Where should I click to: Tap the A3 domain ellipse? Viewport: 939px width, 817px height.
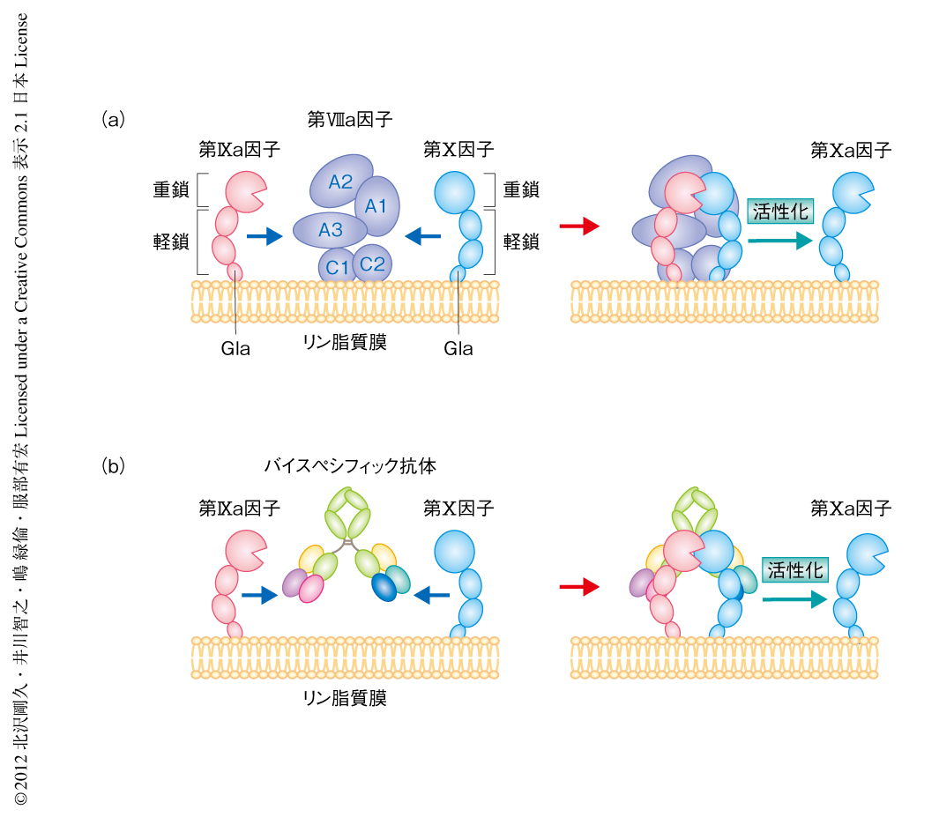(x=331, y=230)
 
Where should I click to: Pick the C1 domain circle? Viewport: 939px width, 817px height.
(x=337, y=264)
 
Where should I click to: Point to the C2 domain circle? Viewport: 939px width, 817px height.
(x=373, y=263)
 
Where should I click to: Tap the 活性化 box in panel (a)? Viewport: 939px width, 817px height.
(x=779, y=212)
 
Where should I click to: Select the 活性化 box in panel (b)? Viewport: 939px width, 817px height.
(x=796, y=569)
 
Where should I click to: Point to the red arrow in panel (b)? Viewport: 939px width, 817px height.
(x=579, y=585)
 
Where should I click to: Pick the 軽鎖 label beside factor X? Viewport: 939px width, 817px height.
(x=521, y=241)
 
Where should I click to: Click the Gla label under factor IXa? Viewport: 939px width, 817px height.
(x=235, y=349)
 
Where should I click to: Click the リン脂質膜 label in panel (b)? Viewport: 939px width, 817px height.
(x=345, y=699)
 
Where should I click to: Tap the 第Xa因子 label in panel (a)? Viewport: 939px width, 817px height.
(x=851, y=150)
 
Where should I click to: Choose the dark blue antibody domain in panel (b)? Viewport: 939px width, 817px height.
(x=384, y=587)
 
